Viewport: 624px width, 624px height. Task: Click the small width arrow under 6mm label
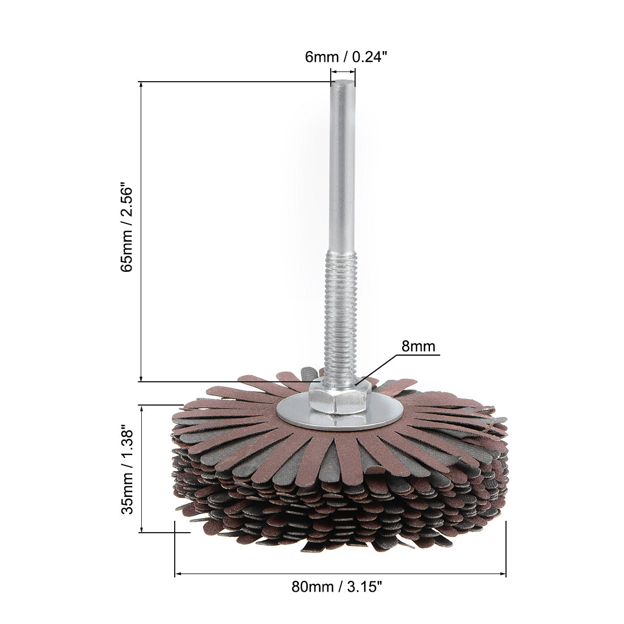[x=343, y=71]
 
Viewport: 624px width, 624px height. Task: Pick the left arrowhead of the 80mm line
[x=178, y=575]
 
